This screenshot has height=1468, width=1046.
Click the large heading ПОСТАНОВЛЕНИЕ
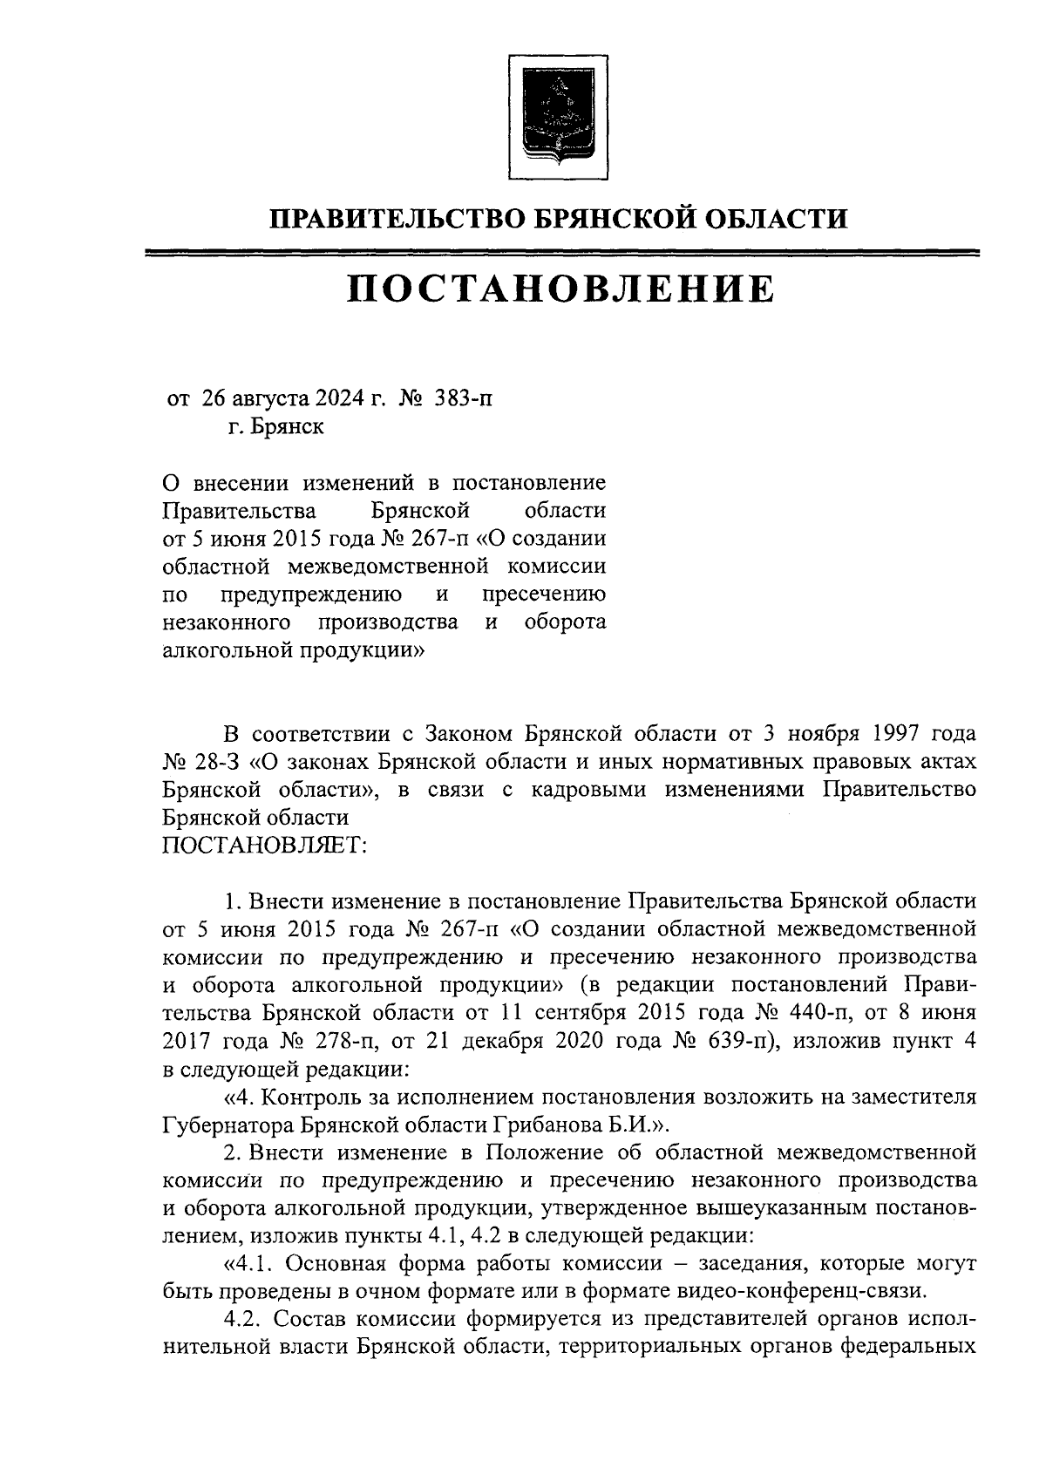560,289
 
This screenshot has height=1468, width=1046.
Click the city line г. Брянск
270,427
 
